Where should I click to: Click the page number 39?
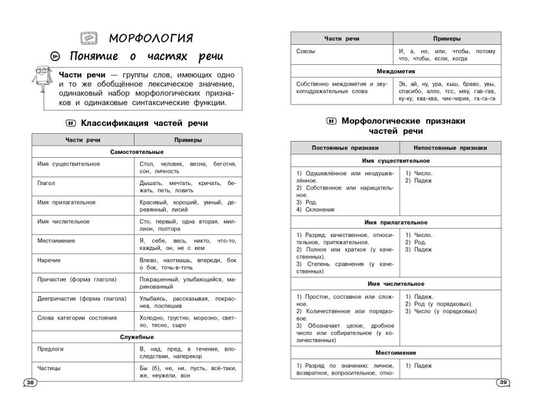pyautogui.click(x=503, y=382)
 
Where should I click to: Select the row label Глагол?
pyautogui.click(x=47, y=184)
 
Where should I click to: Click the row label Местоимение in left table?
pyautogui.click(x=57, y=240)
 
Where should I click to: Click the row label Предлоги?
pyautogui.click(x=51, y=349)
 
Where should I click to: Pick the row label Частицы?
pyautogui.click(x=50, y=368)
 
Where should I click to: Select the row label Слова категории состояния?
pyautogui.click(x=77, y=318)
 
